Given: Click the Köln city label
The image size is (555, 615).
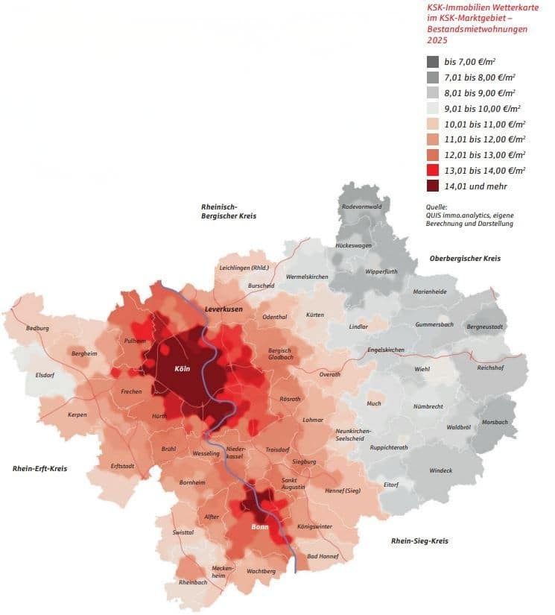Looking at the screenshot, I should tap(183, 369).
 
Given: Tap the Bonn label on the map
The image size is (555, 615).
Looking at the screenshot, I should tap(260, 527).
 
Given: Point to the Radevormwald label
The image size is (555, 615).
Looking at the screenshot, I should tap(361, 206).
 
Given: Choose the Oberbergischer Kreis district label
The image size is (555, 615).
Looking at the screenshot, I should tap(465, 258).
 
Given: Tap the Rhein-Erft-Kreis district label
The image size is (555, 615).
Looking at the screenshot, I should tap(40, 468).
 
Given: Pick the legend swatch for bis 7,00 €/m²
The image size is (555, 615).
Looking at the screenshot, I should tap(433, 61).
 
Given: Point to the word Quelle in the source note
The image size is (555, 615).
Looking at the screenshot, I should tap(434, 206).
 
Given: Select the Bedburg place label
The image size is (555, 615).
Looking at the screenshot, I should tap(37, 328).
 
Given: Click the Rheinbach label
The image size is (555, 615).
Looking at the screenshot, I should tap(193, 582).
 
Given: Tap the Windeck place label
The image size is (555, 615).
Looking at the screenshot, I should tap(440, 470).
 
